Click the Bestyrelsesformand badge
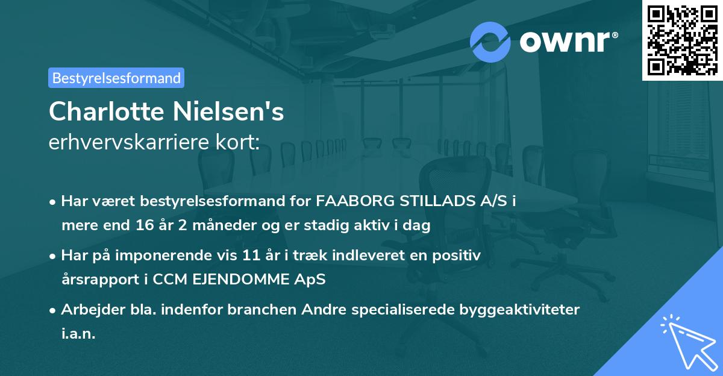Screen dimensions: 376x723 (x=116, y=78)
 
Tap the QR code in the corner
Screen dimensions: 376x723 (x=682, y=40)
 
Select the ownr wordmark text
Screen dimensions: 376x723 (x=568, y=42)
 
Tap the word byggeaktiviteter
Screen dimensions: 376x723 (x=518, y=310)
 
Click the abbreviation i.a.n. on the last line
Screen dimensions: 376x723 (x=78, y=334)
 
